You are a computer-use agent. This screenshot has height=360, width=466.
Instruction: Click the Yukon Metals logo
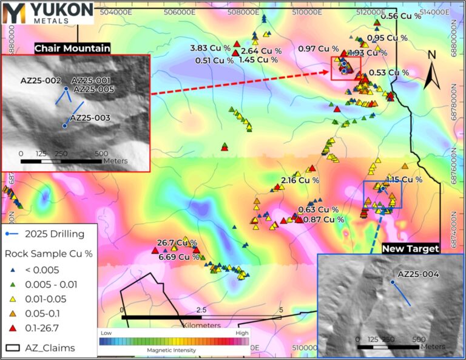pyautogui.click(x=47, y=12)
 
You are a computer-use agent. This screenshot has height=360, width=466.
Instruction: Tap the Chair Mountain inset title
pyautogui.click(x=72, y=48)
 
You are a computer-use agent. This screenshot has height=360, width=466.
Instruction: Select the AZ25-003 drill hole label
pyautogui.click(x=90, y=118)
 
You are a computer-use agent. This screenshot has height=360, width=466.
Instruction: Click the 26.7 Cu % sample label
pyautogui.click(x=177, y=243)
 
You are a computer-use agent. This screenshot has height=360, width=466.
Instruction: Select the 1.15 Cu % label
pyautogui.click(x=404, y=180)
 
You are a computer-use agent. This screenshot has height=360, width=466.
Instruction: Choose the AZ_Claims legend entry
pyautogui.click(x=50, y=348)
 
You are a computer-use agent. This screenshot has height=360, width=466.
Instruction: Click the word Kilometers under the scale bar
pyautogui.click(x=201, y=325)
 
